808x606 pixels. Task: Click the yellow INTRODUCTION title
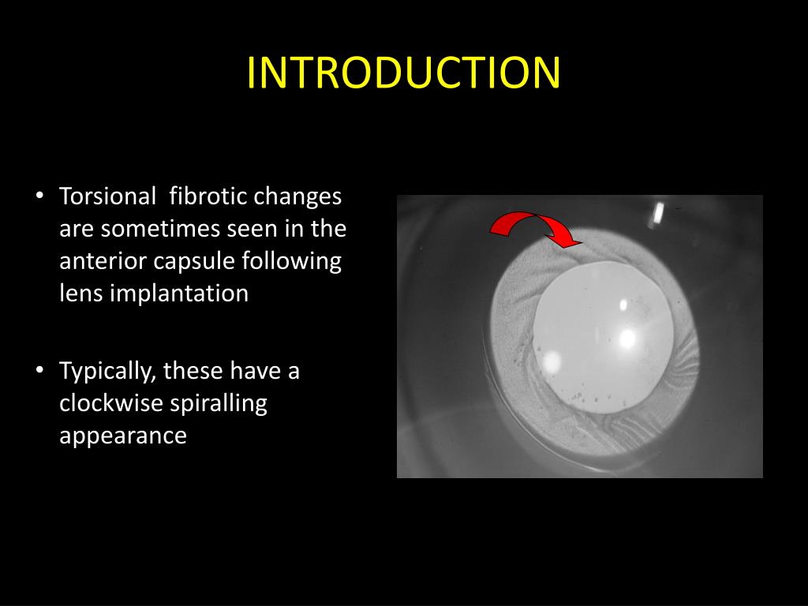tap(403, 73)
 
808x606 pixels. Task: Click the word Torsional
tap(107, 196)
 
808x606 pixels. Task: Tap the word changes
tap(297, 196)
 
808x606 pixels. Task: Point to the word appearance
tap(123, 436)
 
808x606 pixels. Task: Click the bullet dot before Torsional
tap(39, 196)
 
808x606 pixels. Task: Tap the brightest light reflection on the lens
tap(628, 339)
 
